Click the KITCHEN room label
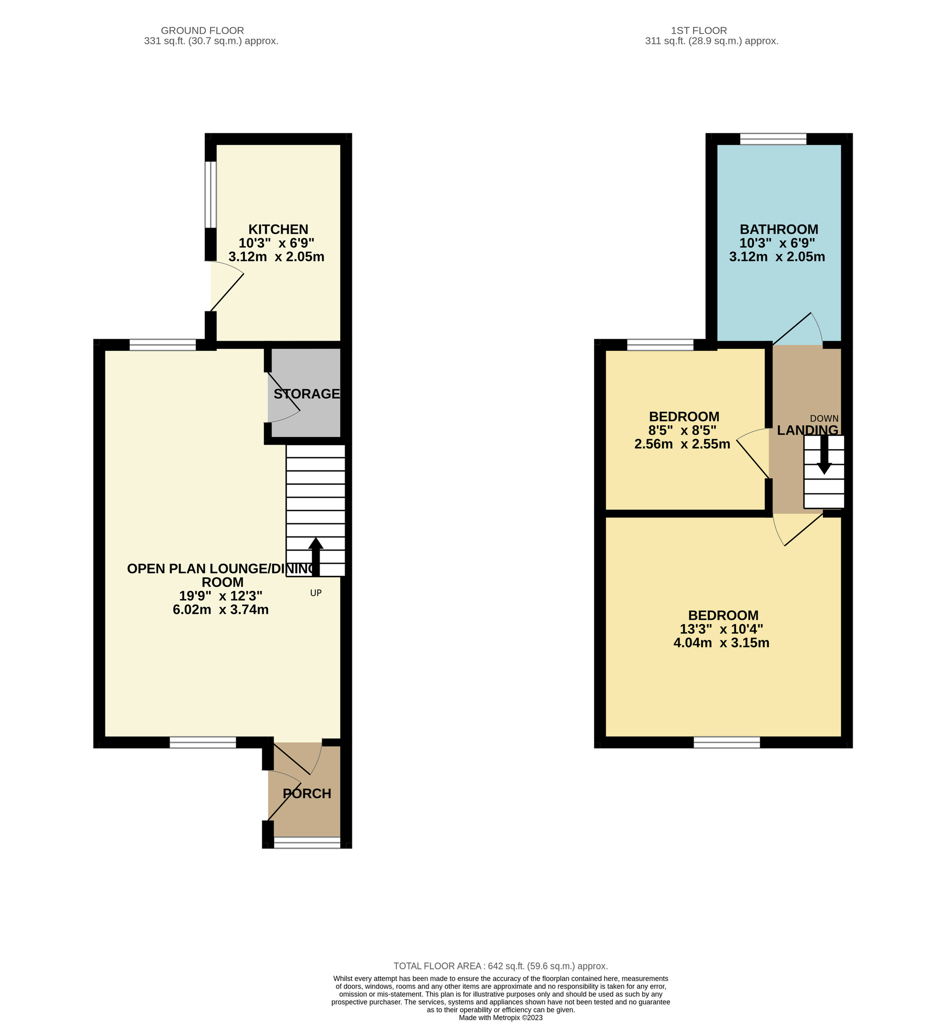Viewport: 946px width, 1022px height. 278,229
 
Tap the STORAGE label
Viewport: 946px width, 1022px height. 306,394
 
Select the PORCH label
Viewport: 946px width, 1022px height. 307,793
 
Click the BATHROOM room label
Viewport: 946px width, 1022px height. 778,229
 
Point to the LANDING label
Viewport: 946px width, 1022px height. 808,431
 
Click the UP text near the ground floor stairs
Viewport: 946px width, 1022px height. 316,593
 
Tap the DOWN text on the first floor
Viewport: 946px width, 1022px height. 824,418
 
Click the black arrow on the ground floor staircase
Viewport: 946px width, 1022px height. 316,557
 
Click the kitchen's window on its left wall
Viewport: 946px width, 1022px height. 211,194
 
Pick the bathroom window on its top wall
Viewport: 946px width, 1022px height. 773,139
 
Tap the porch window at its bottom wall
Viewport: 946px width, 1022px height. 307,842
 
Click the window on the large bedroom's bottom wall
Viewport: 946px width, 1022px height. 727,742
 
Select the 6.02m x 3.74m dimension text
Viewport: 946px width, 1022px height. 221,610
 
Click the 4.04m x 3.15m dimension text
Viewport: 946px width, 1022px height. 721,643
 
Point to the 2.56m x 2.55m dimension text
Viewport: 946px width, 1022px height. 682,444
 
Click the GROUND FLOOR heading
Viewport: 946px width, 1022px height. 202,31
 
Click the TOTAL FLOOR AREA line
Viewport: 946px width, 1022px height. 501,966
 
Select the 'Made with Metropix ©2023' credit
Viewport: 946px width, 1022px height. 501,1018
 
